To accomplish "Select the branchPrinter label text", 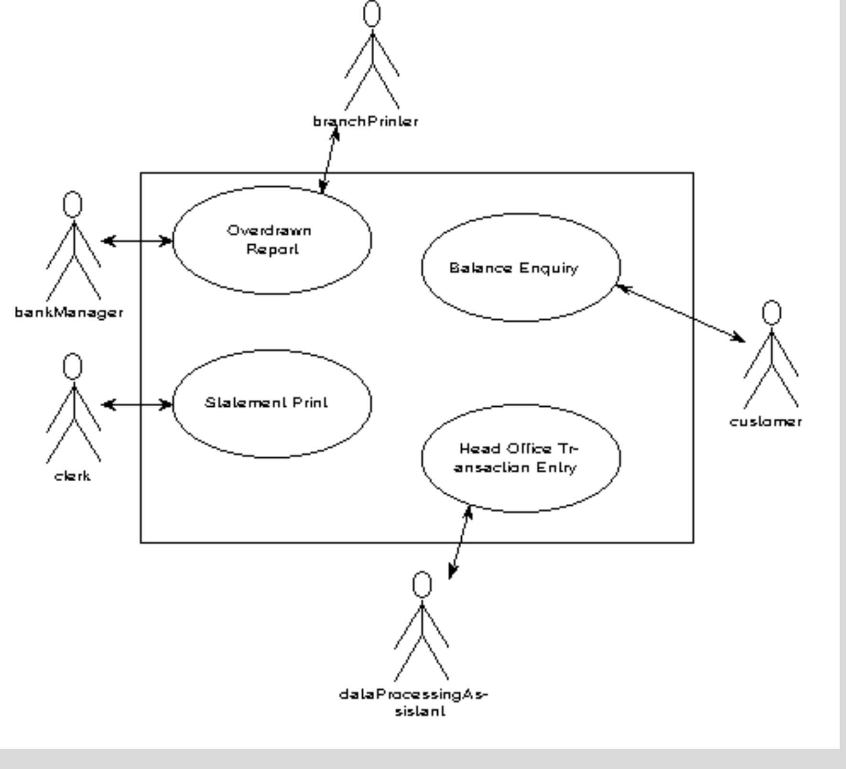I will point(366,122).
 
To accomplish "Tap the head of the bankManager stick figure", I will point(73,205).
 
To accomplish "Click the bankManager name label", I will point(69,313).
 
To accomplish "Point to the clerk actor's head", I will point(73,367).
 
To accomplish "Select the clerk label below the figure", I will point(72,476).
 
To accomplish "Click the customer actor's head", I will point(771,313).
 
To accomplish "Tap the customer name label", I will point(766,422).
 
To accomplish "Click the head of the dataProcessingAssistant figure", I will point(422,584).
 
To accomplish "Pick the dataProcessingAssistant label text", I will point(414,702).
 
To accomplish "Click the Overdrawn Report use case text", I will point(270,240).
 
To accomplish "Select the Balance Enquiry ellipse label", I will point(514,268).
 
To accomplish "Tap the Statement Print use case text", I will point(267,403).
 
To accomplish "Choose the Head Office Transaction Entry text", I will point(518,458).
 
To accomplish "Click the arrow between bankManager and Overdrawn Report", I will point(137,241).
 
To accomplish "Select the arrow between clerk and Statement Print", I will point(137,405).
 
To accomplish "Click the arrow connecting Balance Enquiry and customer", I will point(680,313).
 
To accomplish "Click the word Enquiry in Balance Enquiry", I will point(549,268).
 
